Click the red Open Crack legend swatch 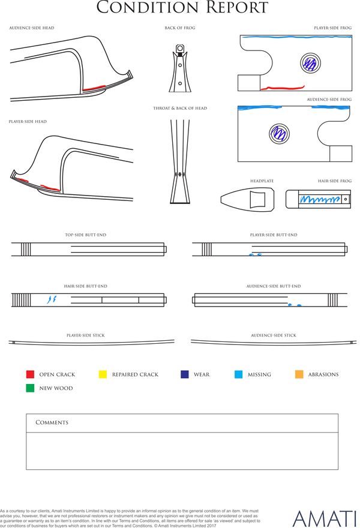pos(30,374)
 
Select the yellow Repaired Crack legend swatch pos(103,374)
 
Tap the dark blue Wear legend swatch pos(185,374)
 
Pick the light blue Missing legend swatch pos(238,374)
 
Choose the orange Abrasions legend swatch pos(299,374)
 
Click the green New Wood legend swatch pos(30,388)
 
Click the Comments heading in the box pos(52,422)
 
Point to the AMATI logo pos(324,518)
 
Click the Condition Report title pos(182,7)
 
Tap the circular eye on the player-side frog pos(310,62)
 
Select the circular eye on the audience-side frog pos(279,133)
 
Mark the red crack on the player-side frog pos(283,88)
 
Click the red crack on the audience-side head pos(94,88)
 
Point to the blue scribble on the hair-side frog pos(320,200)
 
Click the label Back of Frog pos(180,28)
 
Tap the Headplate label pos(262,181)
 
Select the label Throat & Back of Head pos(180,108)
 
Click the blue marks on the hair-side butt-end pos(52,299)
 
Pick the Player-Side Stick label pos(86,335)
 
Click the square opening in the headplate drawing pos(257,199)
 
